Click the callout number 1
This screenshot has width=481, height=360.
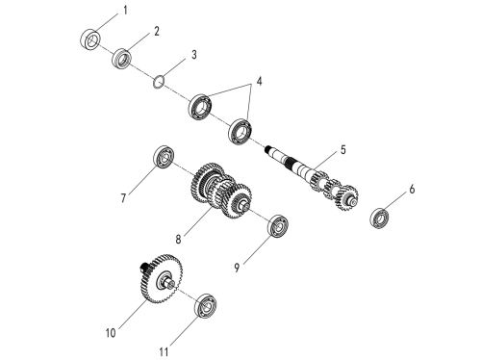pyautogui.click(x=125, y=11)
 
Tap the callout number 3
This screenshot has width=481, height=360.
pyautogui.click(x=194, y=55)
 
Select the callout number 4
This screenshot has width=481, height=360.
pyautogui.click(x=259, y=81)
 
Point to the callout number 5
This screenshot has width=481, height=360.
pyautogui.click(x=343, y=149)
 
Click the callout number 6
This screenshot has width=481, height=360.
pyautogui.click(x=412, y=189)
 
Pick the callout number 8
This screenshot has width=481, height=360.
pyautogui.click(x=178, y=239)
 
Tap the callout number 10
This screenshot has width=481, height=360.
pyautogui.click(x=111, y=333)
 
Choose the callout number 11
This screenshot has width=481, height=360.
pyautogui.click(x=164, y=352)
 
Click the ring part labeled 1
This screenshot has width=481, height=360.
pyautogui.click(x=90, y=39)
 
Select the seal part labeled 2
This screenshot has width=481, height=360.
pyautogui.click(x=122, y=58)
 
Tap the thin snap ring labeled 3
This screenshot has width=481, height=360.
pyautogui.click(x=159, y=82)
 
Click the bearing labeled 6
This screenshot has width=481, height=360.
pyautogui.click(x=379, y=219)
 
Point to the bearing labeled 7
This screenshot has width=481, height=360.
pyautogui.click(x=164, y=157)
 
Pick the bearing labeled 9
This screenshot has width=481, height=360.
pyautogui.click(x=278, y=226)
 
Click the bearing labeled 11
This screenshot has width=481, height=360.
pyautogui.click(x=205, y=306)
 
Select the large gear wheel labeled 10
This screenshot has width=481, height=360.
pyautogui.click(x=162, y=278)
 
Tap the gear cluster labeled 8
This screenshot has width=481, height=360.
pyautogui.click(x=220, y=191)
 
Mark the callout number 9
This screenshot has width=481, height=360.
pyautogui.click(x=237, y=267)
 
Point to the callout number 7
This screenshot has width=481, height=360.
pyautogui.click(x=123, y=198)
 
